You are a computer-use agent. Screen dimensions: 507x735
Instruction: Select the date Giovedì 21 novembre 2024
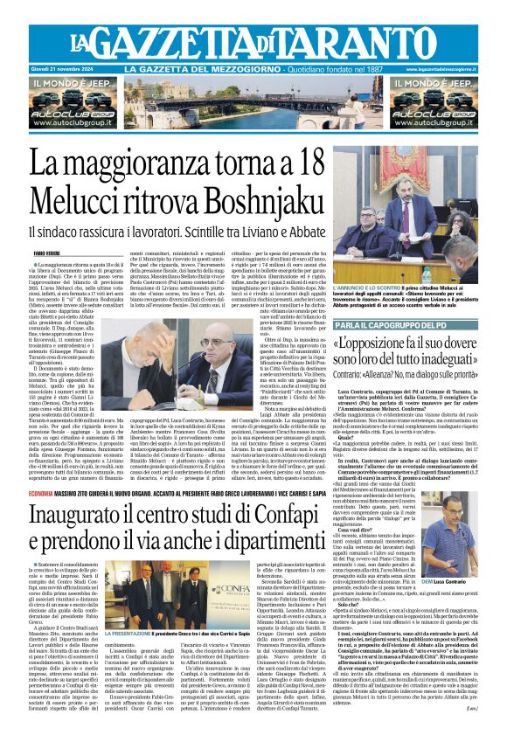coord(64,69)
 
